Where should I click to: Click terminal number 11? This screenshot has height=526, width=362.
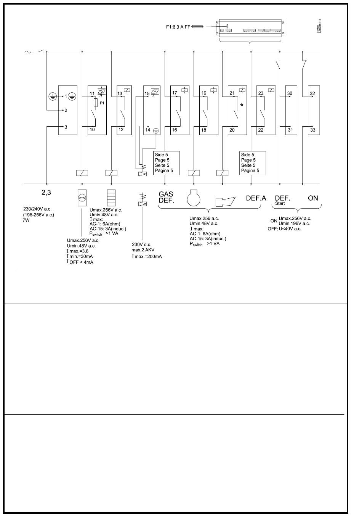(x=92, y=93)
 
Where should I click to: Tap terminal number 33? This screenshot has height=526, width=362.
(x=312, y=130)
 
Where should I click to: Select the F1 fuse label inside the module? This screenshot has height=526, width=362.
(x=102, y=103)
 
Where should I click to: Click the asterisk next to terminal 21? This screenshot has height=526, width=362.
(x=242, y=105)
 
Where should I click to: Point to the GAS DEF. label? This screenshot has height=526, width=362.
(x=166, y=198)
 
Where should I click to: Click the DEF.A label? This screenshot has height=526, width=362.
(x=256, y=198)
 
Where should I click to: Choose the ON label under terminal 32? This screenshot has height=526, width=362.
(x=313, y=198)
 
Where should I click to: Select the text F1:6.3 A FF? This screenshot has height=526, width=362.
(x=178, y=27)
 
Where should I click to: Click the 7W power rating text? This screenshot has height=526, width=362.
(x=26, y=220)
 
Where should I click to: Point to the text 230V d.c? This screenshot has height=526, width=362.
(x=141, y=245)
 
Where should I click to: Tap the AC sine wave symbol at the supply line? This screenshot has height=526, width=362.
(x=27, y=52)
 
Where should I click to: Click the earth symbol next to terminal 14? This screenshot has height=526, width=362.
(x=155, y=130)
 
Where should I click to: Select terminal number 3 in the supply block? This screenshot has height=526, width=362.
(x=66, y=127)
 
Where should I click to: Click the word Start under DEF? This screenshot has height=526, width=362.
(x=280, y=204)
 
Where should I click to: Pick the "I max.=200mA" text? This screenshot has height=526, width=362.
(x=147, y=256)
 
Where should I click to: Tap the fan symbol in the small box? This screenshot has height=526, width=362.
(x=82, y=198)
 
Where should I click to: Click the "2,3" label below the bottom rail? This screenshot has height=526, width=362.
(x=46, y=193)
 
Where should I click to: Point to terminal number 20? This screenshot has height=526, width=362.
(x=232, y=130)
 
